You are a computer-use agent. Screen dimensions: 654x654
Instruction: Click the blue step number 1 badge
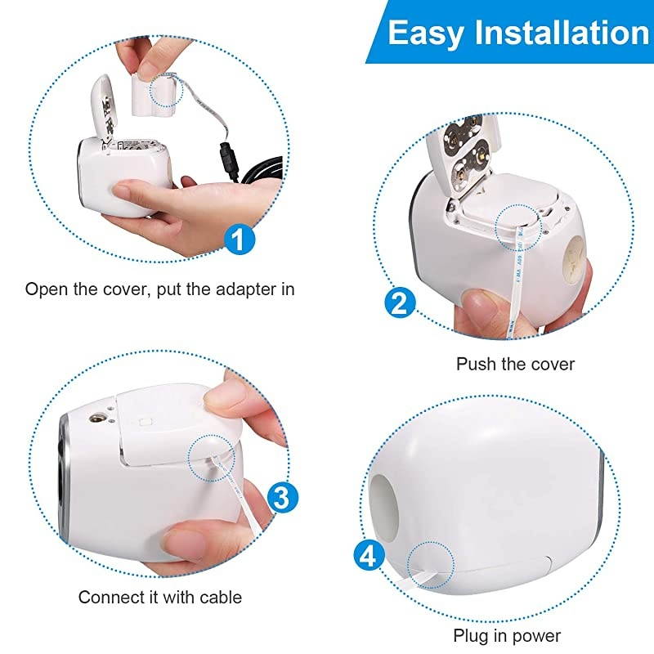point(237,240)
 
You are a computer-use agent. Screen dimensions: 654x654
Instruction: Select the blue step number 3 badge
point(280,496)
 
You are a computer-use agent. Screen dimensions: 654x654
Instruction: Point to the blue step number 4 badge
point(369,557)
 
